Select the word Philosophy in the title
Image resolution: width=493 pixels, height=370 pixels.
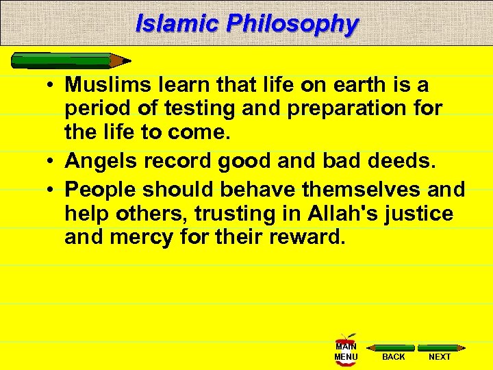(292, 23)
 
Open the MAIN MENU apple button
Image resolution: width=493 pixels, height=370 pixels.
(346, 349)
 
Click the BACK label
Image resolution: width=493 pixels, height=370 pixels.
(393, 356)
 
